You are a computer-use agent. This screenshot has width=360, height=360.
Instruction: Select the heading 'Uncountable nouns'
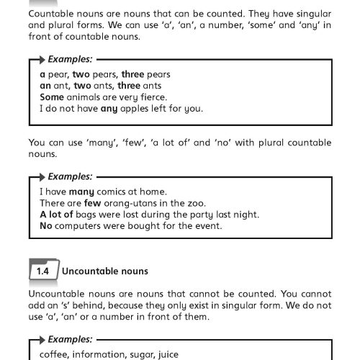[x=105, y=271]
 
